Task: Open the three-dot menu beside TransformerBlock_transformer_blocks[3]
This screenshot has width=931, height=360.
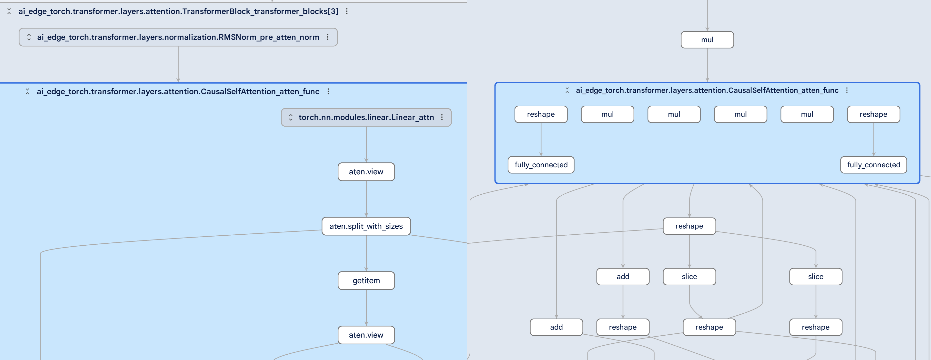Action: point(347,11)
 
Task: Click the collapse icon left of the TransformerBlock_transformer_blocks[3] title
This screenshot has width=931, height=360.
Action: point(9,11)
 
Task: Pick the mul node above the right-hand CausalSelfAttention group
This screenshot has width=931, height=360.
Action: point(707,40)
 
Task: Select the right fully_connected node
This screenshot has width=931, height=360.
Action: point(873,165)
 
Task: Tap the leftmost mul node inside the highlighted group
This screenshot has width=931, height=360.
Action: point(607,114)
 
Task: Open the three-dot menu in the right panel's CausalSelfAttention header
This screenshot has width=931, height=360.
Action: point(847,90)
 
